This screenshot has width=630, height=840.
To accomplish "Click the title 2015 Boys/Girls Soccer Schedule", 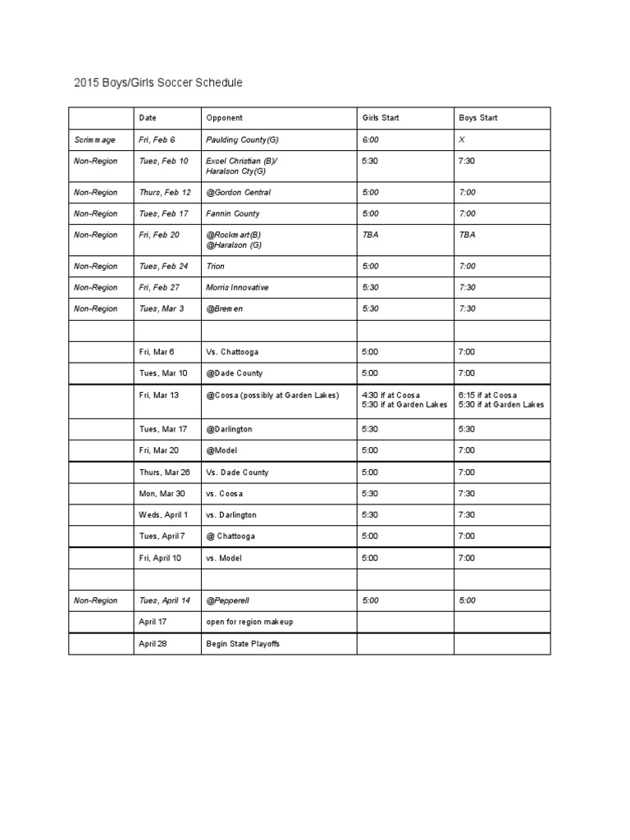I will click(158, 83).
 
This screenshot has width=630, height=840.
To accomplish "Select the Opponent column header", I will click(224, 118).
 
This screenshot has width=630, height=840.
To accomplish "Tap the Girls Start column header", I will click(381, 118).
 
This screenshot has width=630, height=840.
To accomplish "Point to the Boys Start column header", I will click(478, 118).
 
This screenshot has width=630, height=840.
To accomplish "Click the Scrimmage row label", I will click(95, 140).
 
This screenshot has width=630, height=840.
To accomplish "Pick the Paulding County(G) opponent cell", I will click(242, 140).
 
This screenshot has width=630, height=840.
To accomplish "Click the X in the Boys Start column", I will click(462, 140).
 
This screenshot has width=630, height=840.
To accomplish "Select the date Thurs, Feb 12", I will click(165, 192).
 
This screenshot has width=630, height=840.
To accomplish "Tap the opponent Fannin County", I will click(233, 213).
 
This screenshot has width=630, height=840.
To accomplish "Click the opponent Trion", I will click(216, 266).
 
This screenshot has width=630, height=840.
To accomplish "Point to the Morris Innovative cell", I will click(237, 287).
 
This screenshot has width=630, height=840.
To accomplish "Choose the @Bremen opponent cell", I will click(226, 308).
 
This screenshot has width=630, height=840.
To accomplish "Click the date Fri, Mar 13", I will click(159, 395).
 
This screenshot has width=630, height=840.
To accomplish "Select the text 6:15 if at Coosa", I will click(488, 395).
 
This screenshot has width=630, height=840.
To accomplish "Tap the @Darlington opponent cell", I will click(229, 429).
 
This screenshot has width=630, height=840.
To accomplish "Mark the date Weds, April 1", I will click(164, 514).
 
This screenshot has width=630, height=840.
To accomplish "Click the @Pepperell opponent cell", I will click(230, 600).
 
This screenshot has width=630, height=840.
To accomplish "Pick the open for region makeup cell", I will click(249, 622).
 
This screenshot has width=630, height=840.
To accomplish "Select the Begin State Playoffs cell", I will click(243, 644).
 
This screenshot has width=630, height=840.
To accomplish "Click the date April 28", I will click(153, 644).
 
